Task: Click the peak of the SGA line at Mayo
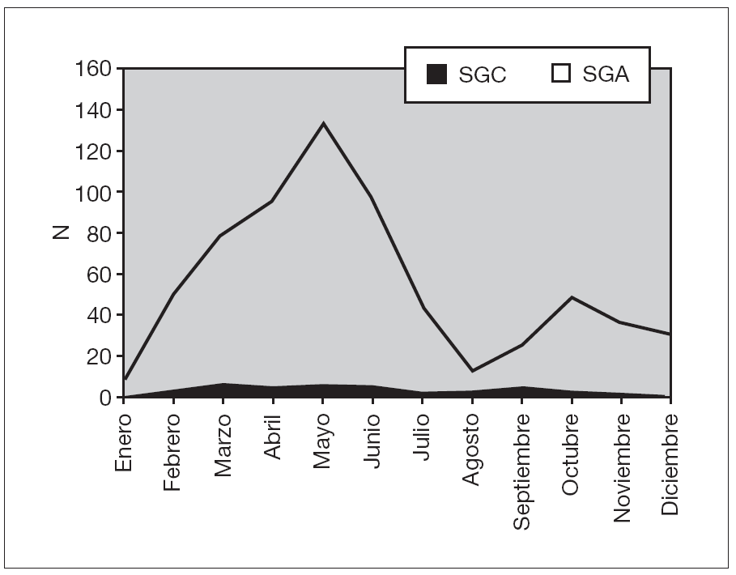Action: tap(323, 123)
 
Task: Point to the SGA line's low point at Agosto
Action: tap(472, 371)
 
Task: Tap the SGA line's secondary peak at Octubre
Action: tap(572, 297)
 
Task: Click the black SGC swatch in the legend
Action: tap(436, 75)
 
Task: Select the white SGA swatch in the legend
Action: tap(560, 75)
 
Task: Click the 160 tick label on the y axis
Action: tap(94, 68)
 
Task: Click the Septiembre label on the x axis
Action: tap(522, 471)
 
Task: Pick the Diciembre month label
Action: tap(670, 464)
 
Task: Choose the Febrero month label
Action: tap(172, 451)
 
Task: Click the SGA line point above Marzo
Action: tap(223, 236)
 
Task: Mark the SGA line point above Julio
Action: tap(422, 308)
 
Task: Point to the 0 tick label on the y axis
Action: tap(105, 398)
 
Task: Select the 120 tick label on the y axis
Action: tap(94, 151)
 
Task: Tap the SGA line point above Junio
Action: tap(372, 197)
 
